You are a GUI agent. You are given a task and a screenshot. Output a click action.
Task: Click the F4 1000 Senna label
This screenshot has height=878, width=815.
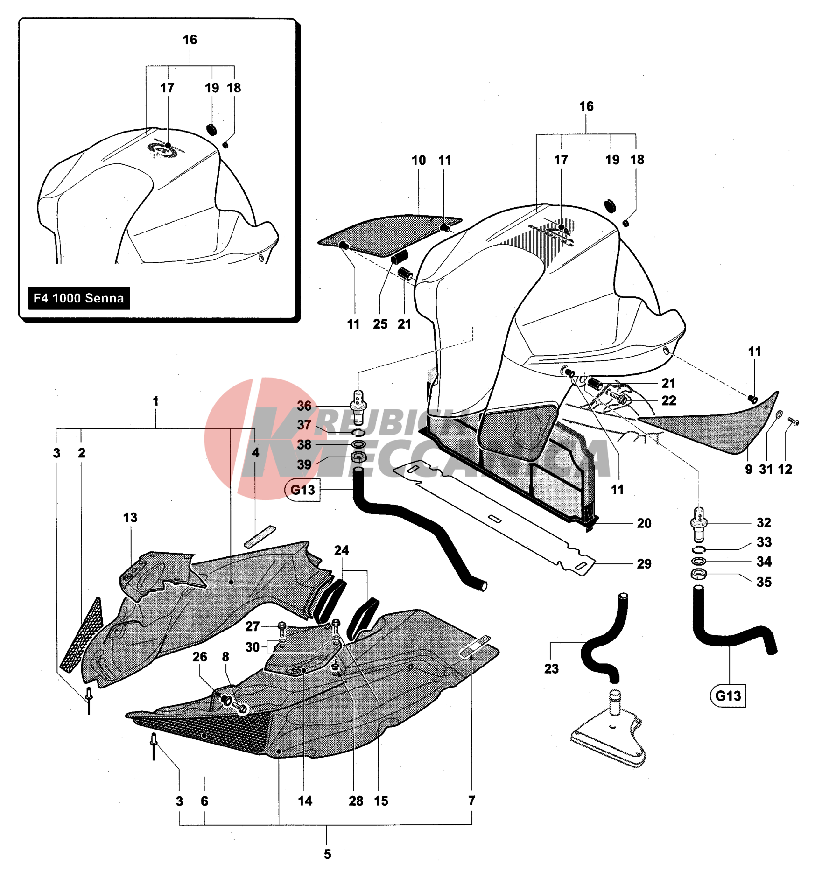click(79, 298)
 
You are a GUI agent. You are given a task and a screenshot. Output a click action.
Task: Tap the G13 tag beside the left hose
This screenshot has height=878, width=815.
click(302, 490)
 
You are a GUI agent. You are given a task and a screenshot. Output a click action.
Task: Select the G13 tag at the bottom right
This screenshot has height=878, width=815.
click(728, 696)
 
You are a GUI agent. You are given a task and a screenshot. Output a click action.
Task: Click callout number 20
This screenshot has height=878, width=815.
click(644, 523)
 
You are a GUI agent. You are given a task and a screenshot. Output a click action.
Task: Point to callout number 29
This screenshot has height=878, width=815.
click(644, 564)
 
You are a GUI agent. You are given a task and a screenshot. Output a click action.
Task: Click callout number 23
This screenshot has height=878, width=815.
click(551, 669)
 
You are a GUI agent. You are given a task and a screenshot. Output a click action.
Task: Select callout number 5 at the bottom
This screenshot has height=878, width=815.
click(327, 854)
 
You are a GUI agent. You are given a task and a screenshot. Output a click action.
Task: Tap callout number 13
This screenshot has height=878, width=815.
click(130, 518)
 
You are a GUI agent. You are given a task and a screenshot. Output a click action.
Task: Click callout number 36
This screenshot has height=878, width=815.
click(304, 406)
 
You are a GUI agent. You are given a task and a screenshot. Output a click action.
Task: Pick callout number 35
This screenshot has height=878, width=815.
click(764, 582)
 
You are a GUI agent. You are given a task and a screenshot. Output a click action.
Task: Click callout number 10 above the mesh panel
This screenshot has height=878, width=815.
click(418, 161)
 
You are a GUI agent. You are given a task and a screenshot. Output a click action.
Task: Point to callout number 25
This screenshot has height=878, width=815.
click(380, 324)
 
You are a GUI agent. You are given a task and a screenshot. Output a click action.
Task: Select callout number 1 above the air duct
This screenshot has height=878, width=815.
click(155, 401)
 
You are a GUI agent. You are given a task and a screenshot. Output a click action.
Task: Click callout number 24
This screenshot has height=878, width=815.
click(341, 550)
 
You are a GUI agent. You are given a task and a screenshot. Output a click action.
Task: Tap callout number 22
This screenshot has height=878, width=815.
click(668, 400)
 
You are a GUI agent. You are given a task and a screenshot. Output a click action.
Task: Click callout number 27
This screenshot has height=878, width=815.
click(253, 626)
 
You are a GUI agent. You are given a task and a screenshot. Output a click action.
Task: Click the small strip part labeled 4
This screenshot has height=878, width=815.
click(260, 537)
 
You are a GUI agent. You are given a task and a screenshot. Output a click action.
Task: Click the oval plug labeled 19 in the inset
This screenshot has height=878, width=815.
click(211, 129)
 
